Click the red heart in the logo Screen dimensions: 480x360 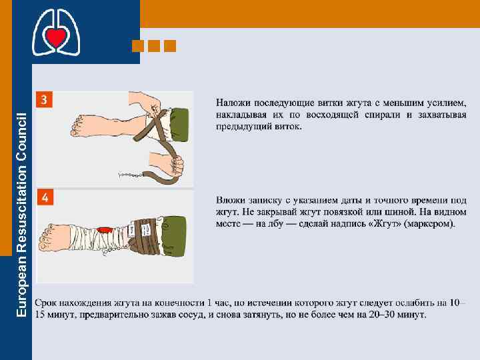click(x=56, y=36)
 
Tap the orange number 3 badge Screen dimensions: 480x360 click(x=44, y=99)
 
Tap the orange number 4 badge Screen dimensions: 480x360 click(x=45, y=197)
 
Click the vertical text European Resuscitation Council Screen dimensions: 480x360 click(x=21, y=215)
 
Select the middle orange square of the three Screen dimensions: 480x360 click(x=154, y=46)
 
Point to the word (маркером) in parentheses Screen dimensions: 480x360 click(x=429, y=224)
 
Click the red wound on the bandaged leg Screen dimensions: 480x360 click(x=104, y=230)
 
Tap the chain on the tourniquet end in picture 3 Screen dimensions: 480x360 click(x=131, y=175)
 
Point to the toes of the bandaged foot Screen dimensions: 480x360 click(x=45, y=237)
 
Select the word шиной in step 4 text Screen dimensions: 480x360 click(x=397, y=212)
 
